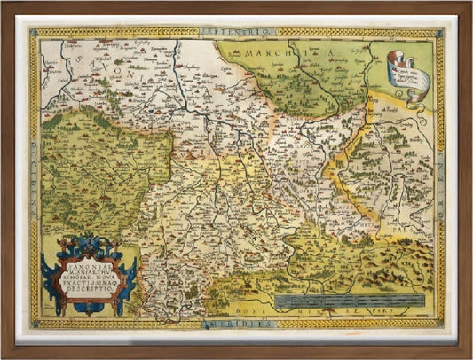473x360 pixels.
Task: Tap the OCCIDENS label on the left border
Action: point(34,178)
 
